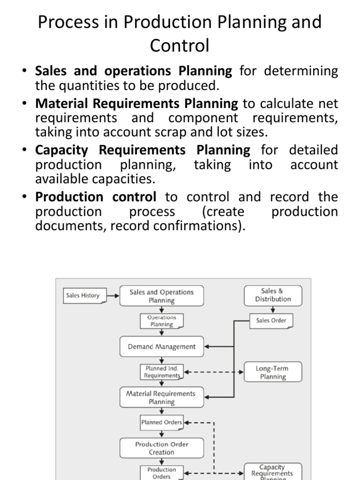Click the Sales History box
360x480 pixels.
coord(83,296)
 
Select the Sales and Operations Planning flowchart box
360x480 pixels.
coord(161,296)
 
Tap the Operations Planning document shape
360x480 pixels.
coord(161,321)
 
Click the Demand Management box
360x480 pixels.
coord(162,347)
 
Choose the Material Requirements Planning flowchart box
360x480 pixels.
coord(161,397)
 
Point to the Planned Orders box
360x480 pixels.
coord(162,422)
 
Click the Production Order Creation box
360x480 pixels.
coord(161,448)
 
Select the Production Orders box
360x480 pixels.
coord(162,472)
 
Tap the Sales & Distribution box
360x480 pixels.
coord(273,295)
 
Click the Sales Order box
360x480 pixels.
coord(271,321)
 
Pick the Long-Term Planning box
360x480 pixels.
coord(273,372)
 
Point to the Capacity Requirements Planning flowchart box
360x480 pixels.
coord(272,471)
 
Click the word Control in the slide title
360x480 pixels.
coord(180,46)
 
